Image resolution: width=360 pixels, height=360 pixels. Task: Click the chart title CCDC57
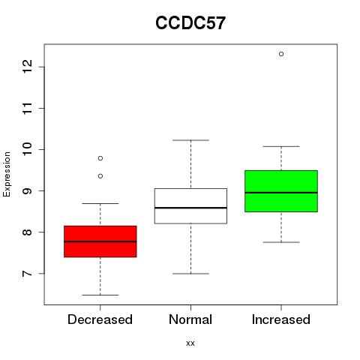[190, 23]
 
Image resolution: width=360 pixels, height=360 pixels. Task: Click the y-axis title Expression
[7, 174]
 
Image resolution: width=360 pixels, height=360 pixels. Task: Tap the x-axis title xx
[190, 343]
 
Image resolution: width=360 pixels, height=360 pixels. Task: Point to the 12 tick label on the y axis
[28, 67]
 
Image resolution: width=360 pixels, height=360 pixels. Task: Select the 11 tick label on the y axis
[28, 108]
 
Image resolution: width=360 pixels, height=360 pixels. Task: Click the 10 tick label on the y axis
[28, 149]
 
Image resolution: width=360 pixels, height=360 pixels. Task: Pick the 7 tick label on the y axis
[28, 273]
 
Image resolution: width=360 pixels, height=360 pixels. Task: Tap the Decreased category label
[100, 319]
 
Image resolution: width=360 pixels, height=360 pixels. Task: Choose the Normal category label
[190, 319]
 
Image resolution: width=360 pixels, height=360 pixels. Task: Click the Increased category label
[281, 319]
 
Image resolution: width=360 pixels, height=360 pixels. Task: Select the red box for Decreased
[100, 241]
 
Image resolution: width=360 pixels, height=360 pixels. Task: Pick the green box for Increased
[281, 191]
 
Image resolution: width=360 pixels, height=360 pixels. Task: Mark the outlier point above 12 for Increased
[281, 54]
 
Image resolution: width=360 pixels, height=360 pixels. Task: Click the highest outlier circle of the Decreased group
[100, 158]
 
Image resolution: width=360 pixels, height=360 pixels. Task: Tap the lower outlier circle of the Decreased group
[100, 176]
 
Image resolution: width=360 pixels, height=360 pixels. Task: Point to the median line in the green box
[281, 193]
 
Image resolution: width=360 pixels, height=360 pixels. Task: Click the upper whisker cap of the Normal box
[190, 140]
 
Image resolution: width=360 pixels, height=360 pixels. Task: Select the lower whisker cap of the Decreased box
[100, 295]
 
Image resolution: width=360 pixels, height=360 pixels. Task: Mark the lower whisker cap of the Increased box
[281, 242]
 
